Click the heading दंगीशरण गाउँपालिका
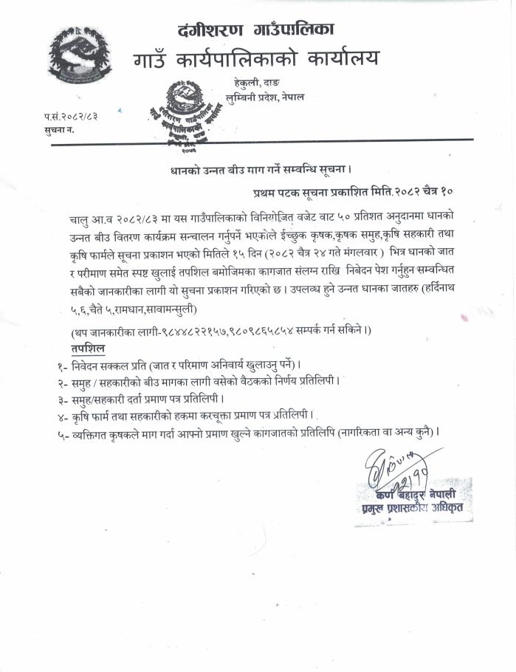tap(256, 30)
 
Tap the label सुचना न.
tap(59, 129)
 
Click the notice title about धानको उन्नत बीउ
tap(249, 171)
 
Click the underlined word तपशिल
tap(88, 347)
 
